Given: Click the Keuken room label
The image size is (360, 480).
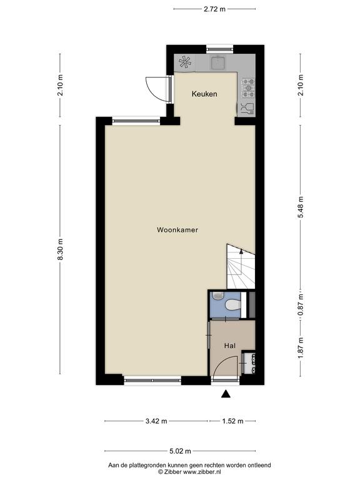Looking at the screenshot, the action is (x=204, y=94).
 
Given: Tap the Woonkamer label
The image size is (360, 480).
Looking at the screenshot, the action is (x=177, y=230).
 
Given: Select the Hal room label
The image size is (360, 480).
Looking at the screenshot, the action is (x=230, y=346).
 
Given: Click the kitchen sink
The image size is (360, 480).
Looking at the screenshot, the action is (x=218, y=62).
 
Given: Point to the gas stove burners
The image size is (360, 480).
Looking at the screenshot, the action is (x=248, y=88).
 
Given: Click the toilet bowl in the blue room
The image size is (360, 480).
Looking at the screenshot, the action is (x=232, y=305).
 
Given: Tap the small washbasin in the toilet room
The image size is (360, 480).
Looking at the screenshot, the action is (x=217, y=296).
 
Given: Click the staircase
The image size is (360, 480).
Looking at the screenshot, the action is (x=241, y=266).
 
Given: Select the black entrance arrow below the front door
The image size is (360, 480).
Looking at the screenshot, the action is (x=226, y=394).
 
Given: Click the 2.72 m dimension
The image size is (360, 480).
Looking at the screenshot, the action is (x=214, y=9).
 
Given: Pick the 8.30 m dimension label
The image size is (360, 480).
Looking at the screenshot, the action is (x=61, y=249).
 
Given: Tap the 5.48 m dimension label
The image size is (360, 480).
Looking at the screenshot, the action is (x=301, y=207).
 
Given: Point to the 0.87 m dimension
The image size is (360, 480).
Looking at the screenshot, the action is (x=301, y=305).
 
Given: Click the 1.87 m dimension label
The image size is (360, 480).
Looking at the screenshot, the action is (x=301, y=349).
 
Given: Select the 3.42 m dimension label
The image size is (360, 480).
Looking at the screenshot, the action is (x=156, y=421).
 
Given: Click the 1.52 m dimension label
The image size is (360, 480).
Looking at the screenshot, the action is (x=232, y=421).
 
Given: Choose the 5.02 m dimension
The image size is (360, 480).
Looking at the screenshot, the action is (x=180, y=451).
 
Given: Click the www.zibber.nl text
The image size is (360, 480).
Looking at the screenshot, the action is (x=202, y=472).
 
